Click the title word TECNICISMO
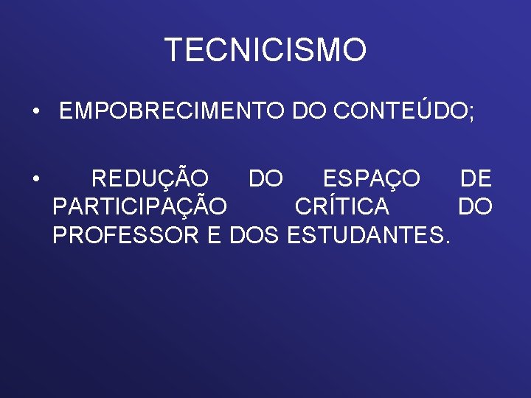click(x=265, y=50)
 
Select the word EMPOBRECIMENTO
click(x=173, y=112)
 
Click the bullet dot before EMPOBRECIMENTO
click(x=35, y=113)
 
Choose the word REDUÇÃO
click(x=150, y=179)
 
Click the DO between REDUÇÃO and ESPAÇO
click(x=265, y=179)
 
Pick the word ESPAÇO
click(x=372, y=179)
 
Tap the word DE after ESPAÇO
click(x=476, y=179)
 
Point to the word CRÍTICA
click(x=342, y=207)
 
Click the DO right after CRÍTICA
click(x=475, y=207)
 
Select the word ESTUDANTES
click(x=362, y=236)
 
